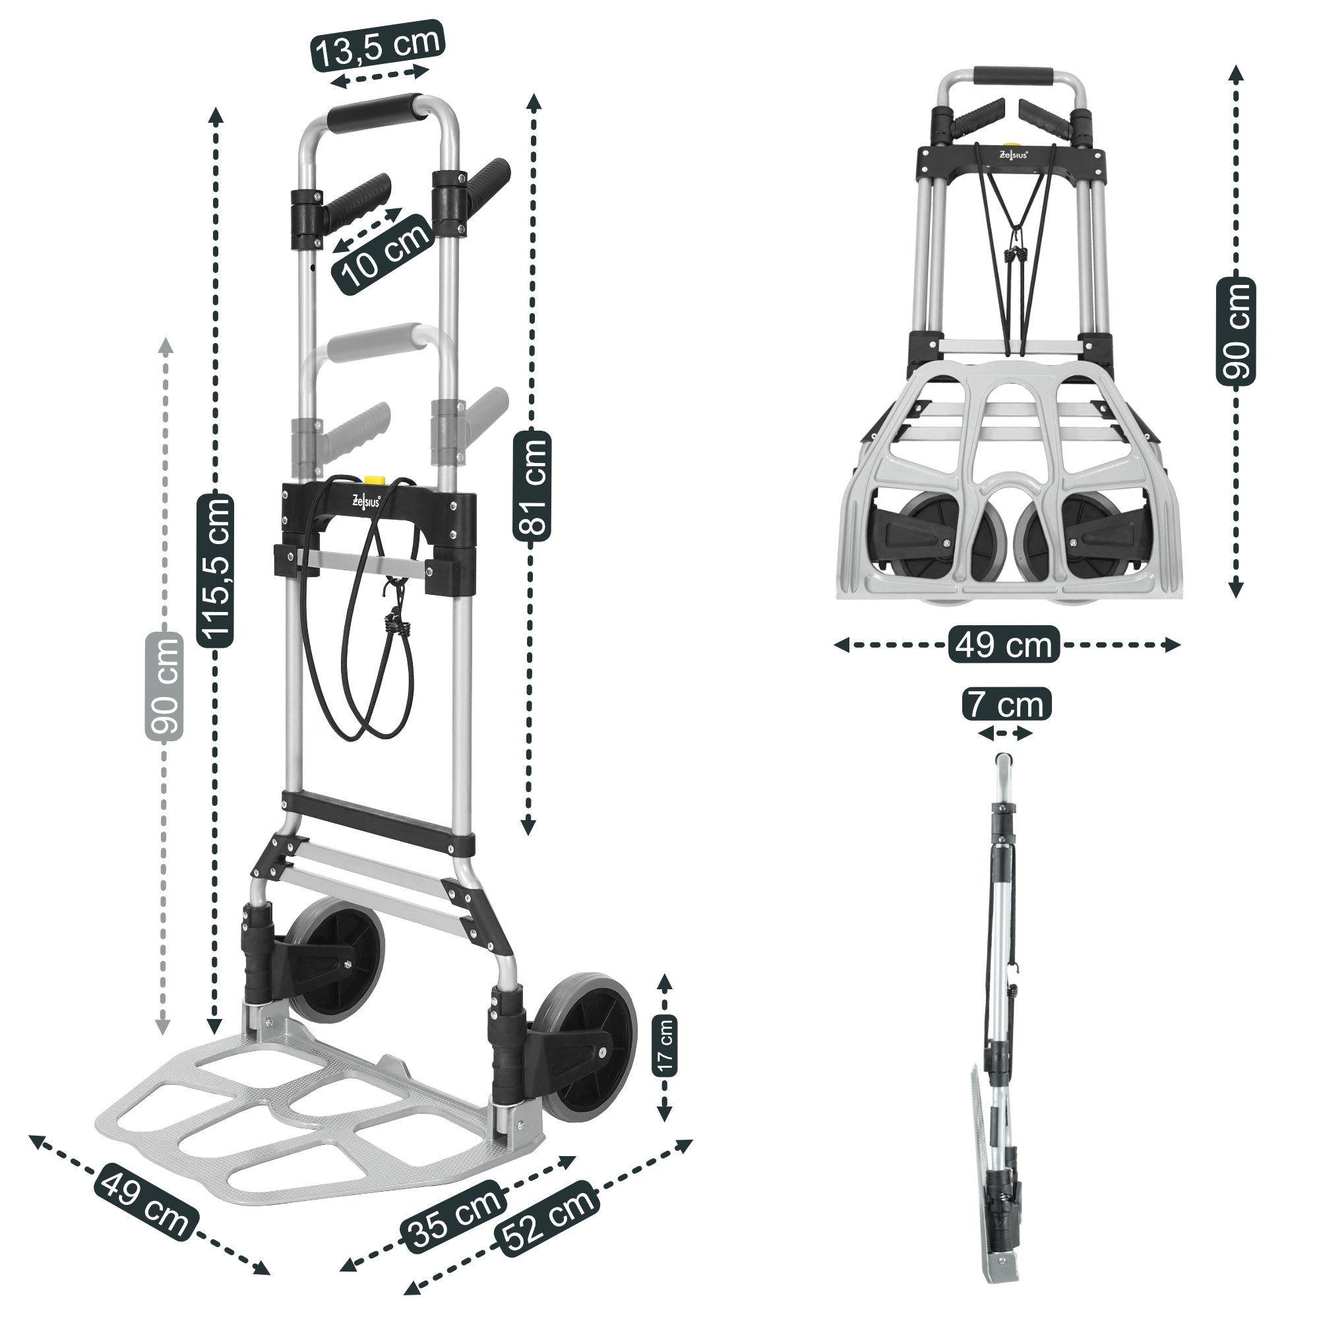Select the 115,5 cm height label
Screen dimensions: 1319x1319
tap(215, 569)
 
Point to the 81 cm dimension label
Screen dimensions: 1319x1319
tap(531, 486)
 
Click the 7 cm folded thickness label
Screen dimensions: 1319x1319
tap(1006, 704)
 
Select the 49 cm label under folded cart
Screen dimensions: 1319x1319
tap(1004, 644)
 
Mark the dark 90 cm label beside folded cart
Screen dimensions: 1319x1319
tap(1236, 331)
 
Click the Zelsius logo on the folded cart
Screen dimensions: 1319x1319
tap(1013, 154)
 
